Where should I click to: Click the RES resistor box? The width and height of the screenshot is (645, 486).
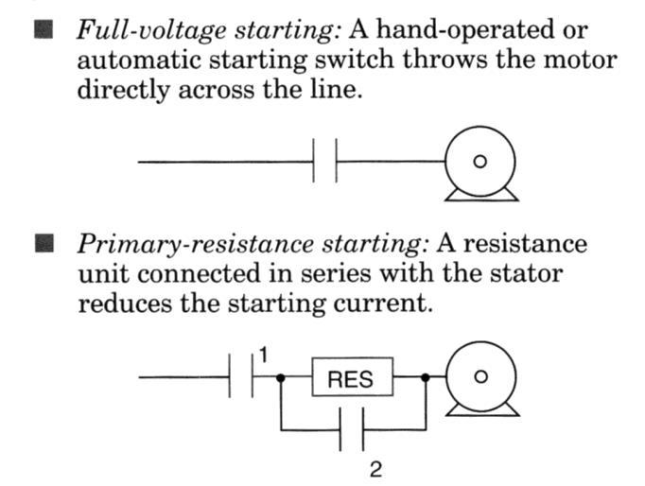click(x=352, y=379)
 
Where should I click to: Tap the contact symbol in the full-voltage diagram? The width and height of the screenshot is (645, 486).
click(x=324, y=163)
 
